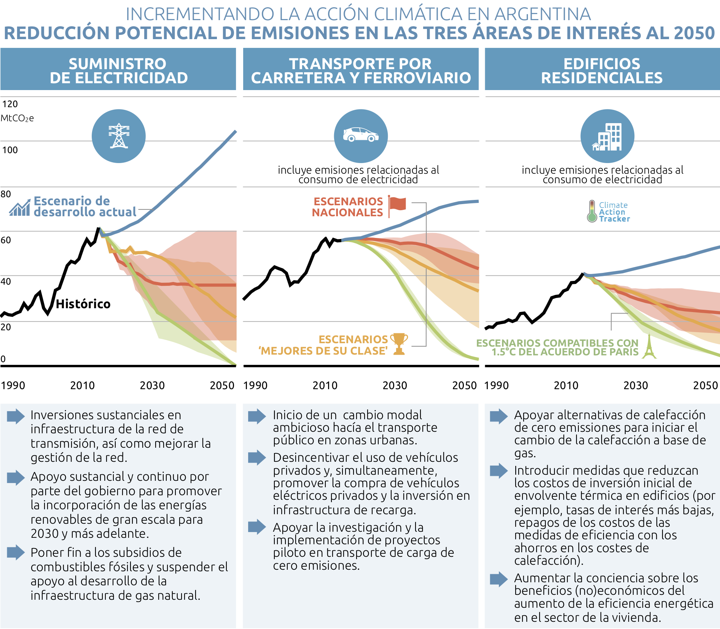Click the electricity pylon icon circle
tap(119, 136)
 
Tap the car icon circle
tap(361, 136)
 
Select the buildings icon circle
tap(607, 136)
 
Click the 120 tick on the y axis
tap(10, 104)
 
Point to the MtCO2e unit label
tap(17, 118)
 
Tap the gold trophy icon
tap(399, 344)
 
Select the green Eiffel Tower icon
tap(649, 347)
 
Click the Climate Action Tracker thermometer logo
tap(592, 211)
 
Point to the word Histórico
tap(83, 304)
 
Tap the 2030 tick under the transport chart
tap(395, 385)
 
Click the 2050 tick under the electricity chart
tap(222, 385)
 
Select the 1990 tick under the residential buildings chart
tap(496, 385)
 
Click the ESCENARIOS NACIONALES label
tap(348, 207)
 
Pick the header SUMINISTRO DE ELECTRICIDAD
tap(118, 71)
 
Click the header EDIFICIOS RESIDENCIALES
tap(602, 71)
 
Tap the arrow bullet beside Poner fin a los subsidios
tap(16, 553)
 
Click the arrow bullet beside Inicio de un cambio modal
tap(257, 416)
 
